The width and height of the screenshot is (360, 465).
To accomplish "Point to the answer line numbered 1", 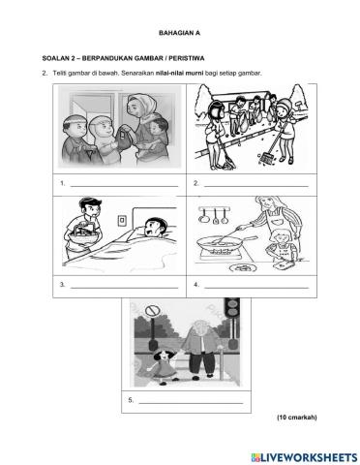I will click(123, 184).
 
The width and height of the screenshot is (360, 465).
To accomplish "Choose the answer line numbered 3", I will click(123, 285).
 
